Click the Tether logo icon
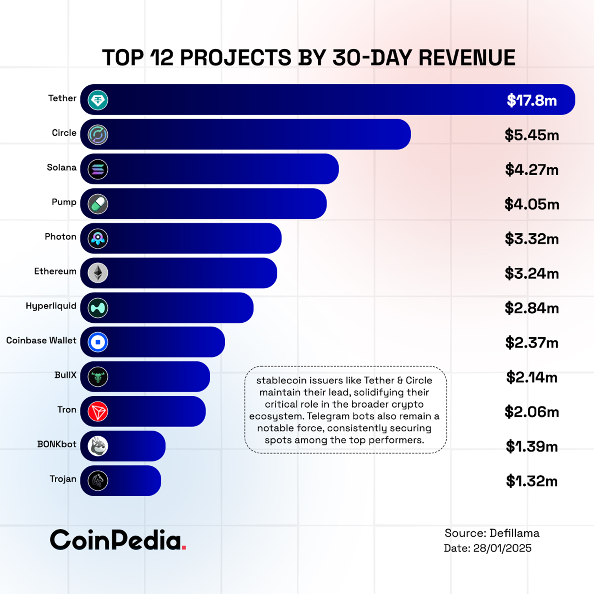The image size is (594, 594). coord(98,100)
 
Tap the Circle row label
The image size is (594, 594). coord(64,133)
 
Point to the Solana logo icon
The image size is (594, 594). coord(98,169)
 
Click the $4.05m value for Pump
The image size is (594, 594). coord(532,204)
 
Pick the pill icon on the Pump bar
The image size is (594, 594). coord(98,204)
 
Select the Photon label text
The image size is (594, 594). coord(61,237)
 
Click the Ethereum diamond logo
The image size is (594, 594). coord(98,273)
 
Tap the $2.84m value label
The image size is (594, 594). coord(532,308)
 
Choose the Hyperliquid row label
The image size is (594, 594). coord(51,306)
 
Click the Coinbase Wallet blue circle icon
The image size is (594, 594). coord(98,342)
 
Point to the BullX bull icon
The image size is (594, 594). coord(98,377)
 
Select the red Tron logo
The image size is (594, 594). coord(98,411)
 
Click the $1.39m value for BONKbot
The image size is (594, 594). coord(532,447)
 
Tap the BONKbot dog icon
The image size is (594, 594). coord(98,446)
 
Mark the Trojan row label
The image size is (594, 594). coord(63,479)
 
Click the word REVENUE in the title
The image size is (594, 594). coord(467,57)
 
